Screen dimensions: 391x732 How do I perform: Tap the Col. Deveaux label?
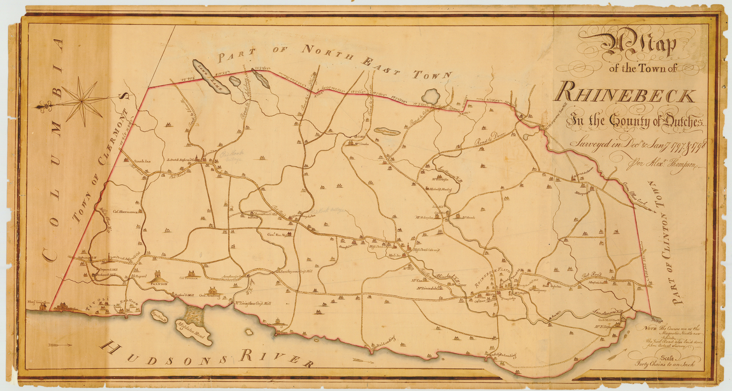pyautogui.click(x=188, y=278)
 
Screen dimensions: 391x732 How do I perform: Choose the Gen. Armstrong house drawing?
pyautogui.click(x=212, y=291)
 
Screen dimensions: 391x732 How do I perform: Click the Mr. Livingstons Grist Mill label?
pyautogui.click(x=253, y=303)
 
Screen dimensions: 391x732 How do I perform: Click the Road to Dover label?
pyautogui.click(x=490, y=139)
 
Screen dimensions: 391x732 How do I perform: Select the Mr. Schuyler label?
pyautogui.click(x=424, y=217)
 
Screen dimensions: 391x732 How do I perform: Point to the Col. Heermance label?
pyautogui.click(x=125, y=212)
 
